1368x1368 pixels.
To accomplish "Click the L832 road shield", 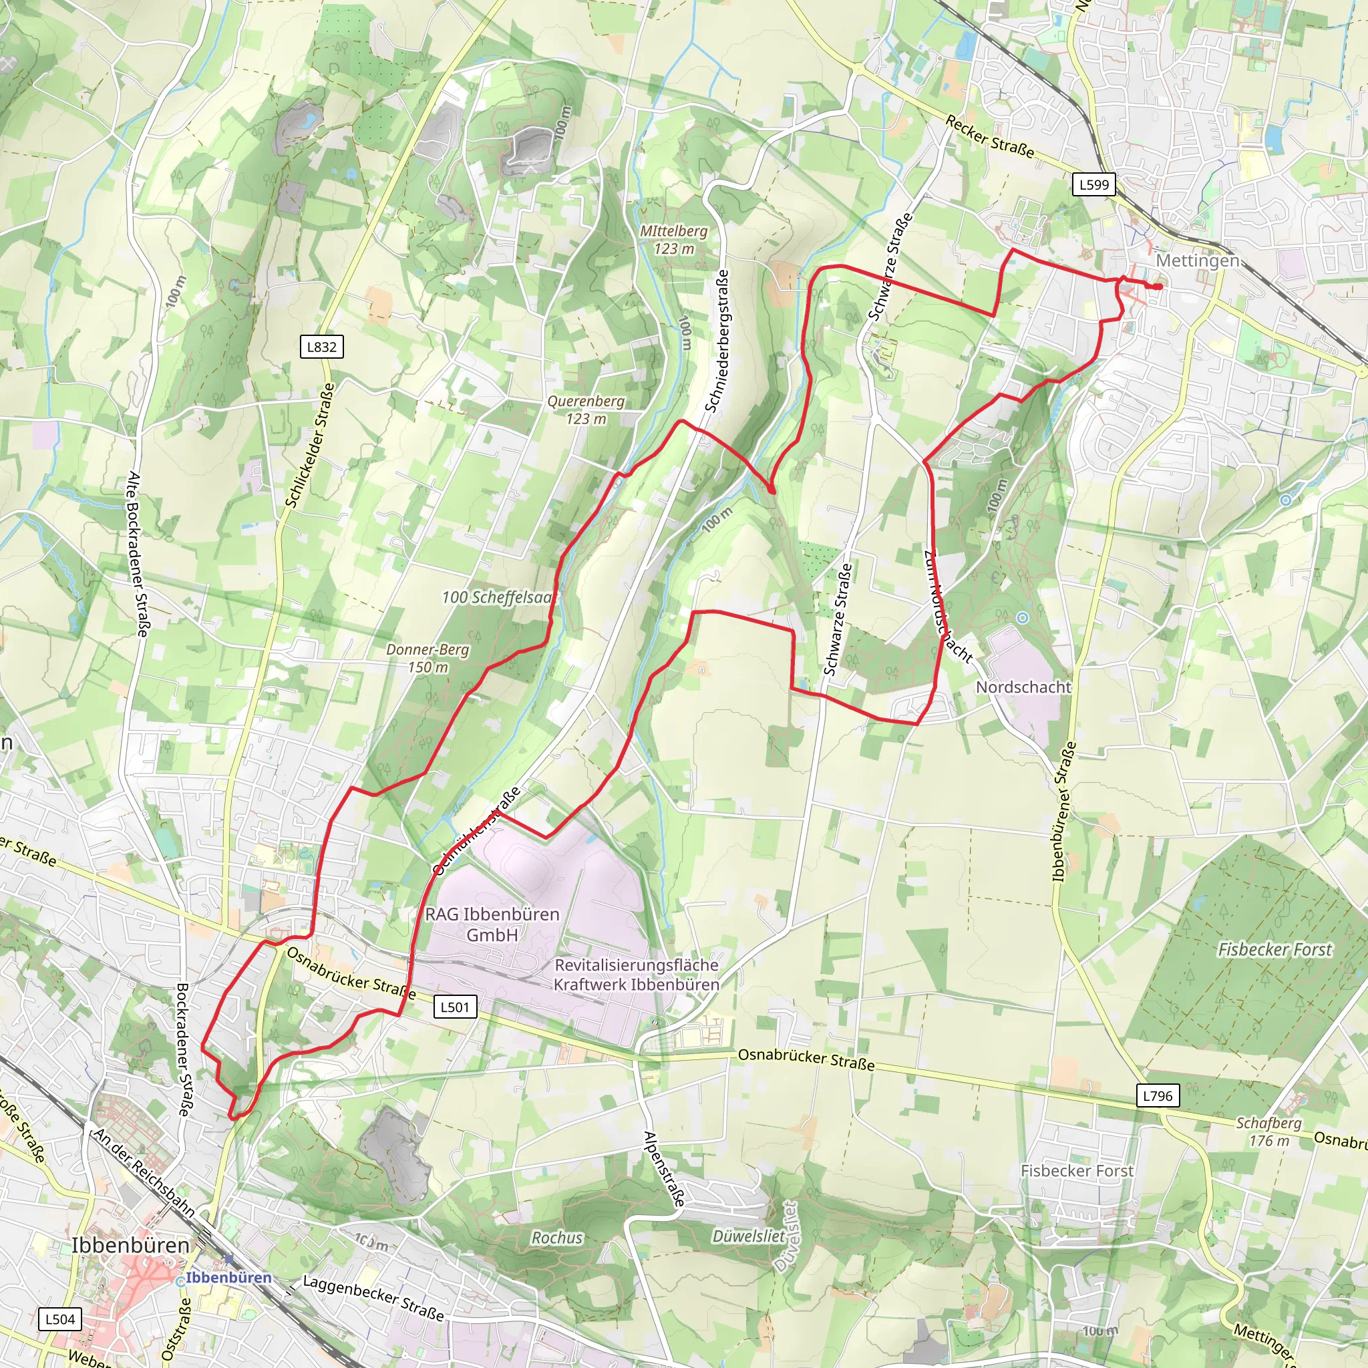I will [x=321, y=347].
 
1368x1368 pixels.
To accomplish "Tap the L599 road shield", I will [x=1094, y=185].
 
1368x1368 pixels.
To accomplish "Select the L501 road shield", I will [x=455, y=1007].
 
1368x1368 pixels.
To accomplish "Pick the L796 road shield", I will [x=1158, y=1096].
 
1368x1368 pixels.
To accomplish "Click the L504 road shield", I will [x=59, y=1319].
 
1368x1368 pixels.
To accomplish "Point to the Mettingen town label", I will [x=1198, y=261].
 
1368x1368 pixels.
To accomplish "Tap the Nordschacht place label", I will [x=1023, y=687].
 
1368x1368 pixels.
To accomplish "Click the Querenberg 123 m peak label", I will [x=586, y=410].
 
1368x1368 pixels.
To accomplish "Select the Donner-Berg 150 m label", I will [x=427, y=658].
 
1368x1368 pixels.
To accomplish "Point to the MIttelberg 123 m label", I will [x=673, y=239].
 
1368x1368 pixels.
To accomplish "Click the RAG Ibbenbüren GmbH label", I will [x=492, y=924].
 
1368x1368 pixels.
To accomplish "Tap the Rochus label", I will [x=557, y=1238].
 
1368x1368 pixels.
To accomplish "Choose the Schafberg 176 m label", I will [x=1269, y=1132].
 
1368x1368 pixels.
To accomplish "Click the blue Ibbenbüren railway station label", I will [x=228, y=1278].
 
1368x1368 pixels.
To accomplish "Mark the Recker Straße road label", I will [x=989, y=138].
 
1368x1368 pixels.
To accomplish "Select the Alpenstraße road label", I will [x=663, y=1168].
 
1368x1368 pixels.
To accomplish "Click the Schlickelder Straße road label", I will [x=309, y=446].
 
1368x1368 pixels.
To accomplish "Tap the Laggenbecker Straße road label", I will [x=373, y=1298].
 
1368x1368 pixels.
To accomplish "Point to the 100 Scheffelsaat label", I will [x=498, y=598].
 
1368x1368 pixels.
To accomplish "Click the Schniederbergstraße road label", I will [x=717, y=341].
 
